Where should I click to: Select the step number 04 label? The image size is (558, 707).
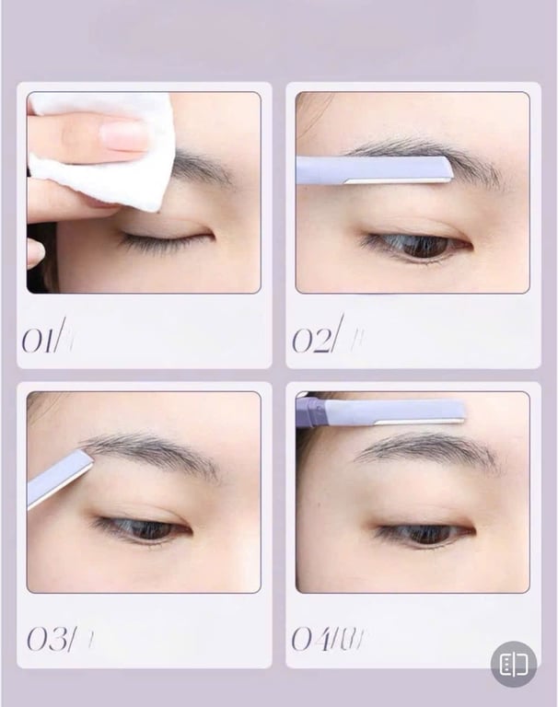point(319,638)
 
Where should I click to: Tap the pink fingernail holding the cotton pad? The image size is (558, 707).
point(124,135)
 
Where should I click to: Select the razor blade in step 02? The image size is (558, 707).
point(373,169)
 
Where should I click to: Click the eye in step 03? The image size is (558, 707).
point(143,528)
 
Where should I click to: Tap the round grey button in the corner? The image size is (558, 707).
point(514,664)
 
